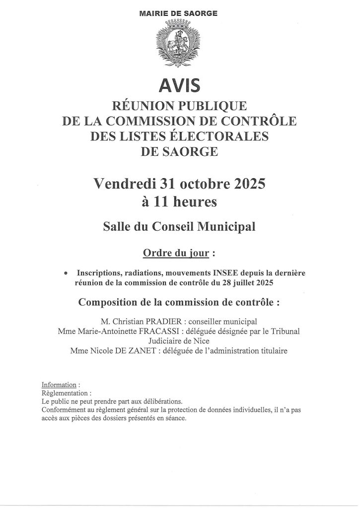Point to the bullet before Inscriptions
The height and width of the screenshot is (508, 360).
tap(66, 273)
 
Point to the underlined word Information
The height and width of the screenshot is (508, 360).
tap(59, 385)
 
